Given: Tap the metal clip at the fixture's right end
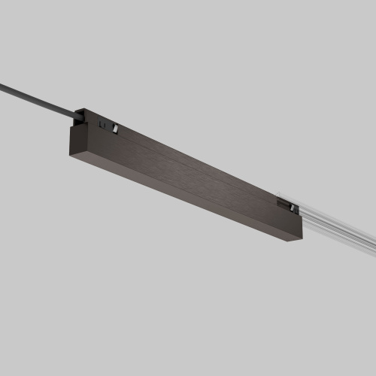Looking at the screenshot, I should coord(287,203).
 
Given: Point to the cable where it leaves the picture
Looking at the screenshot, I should coord(2,83).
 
